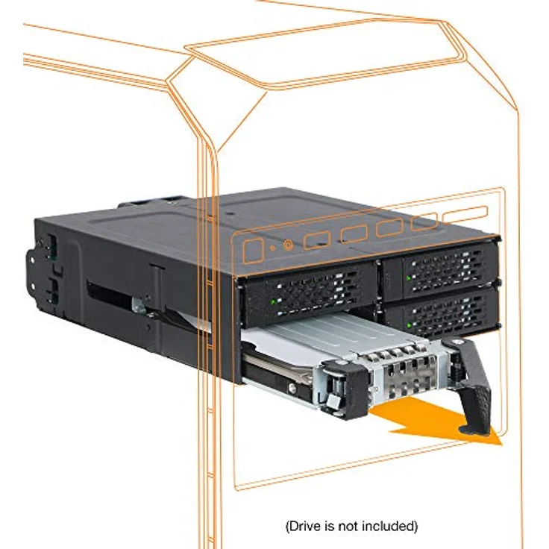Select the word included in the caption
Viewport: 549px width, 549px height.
click(x=389, y=526)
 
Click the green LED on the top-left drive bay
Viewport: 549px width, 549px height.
click(x=274, y=301)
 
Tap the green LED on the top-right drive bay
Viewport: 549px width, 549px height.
click(x=408, y=278)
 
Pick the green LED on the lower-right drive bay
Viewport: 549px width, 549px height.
click(x=409, y=325)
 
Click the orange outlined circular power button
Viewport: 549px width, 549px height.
click(x=288, y=245)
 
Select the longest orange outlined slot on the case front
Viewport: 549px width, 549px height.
click(x=465, y=213)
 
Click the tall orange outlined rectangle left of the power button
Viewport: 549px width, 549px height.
click(x=254, y=251)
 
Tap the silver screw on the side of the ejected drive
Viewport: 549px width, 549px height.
click(x=292, y=387)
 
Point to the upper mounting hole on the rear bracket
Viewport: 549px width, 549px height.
click(x=32, y=260)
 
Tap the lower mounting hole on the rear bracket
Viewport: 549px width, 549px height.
click(x=33, y=286)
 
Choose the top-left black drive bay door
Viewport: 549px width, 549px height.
click(x=304, y=293)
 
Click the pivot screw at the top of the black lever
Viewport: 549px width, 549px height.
click(x=457, y=342)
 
